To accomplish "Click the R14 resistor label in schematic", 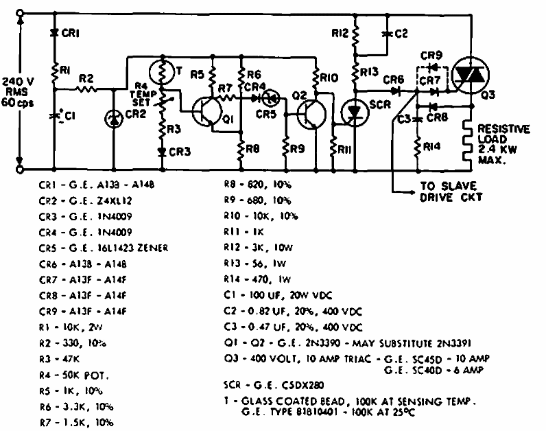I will click(431, 145).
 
